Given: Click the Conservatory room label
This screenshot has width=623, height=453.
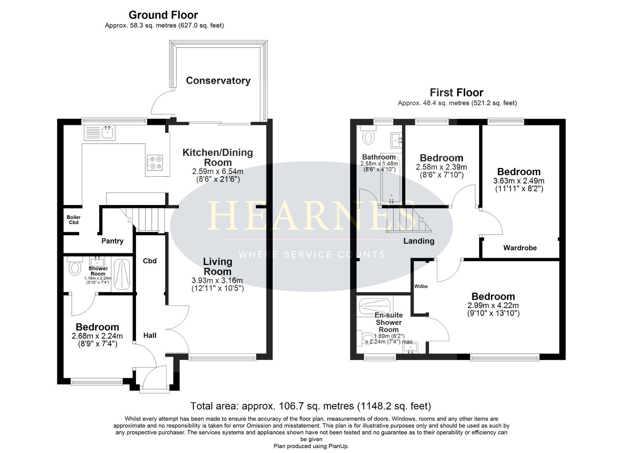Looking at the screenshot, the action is (218, 81).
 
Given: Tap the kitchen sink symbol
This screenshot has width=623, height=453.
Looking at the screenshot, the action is (100, 133).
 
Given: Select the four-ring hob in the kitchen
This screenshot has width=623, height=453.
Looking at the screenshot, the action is (155, 163).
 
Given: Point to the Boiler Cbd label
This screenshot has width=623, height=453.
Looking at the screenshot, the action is (73, 220).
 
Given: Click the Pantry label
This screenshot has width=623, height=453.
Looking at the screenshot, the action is (113, 241).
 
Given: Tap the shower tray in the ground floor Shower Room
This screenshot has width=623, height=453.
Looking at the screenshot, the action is (122, 274).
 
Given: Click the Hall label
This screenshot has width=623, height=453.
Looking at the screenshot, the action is (150, 335).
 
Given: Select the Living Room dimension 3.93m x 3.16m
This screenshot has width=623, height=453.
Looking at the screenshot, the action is (217, 280).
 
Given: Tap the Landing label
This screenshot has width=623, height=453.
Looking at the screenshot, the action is (419, 241).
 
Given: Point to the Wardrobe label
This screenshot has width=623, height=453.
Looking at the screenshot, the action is (520, 248).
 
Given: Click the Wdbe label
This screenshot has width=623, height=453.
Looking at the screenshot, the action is (421, 286).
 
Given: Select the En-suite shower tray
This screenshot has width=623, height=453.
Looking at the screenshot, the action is (375, 306).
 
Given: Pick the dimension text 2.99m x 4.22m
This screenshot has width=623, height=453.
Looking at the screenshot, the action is (493, 305).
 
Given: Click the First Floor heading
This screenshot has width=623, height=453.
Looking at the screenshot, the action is (456, 92).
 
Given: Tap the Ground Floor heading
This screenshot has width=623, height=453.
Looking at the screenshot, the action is (163, 15).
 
